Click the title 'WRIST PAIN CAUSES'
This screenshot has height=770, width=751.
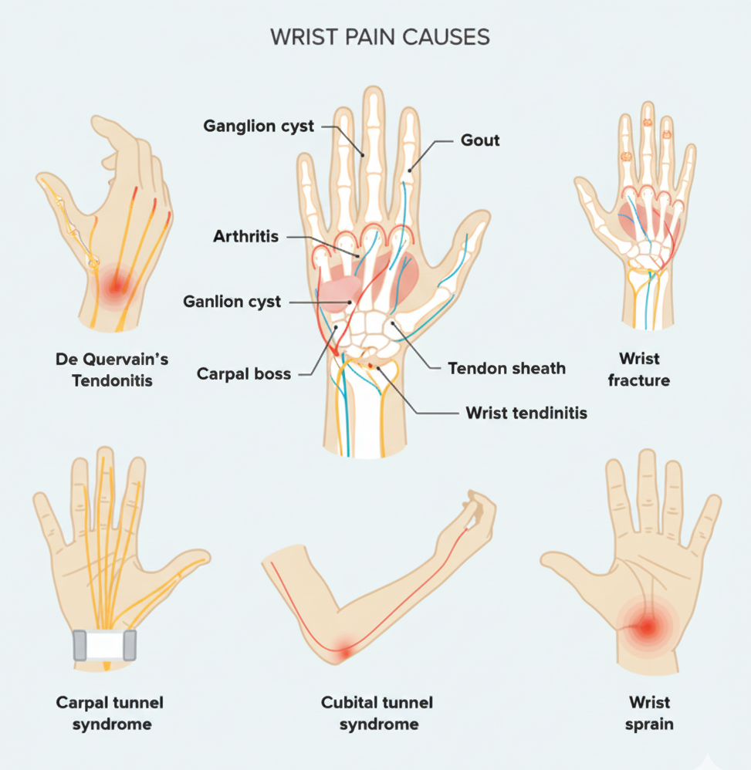pyautogui.click(x=380, y=37)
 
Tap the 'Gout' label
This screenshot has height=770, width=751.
pyautogui.click(x=480, y=140)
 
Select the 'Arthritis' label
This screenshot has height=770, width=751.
pyautogui.click(x=245, y=237)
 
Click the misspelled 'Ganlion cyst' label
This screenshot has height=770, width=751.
pyautogui.click(x=232, y=302)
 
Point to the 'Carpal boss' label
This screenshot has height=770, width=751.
pyautogui.click(x=244, y=374)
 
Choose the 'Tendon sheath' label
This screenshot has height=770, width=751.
pyautogui.click(x=506, y=368)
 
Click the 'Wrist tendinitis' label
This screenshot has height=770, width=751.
pyautogui.click(x=526, y=413)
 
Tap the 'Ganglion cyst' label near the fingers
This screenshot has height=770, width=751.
pyautogui.click(x=259, y=125)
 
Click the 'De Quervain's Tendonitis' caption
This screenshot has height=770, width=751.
pyautogui.click(x=112, y=370)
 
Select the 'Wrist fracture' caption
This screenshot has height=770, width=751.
pyautogui.click(x=639, y=369)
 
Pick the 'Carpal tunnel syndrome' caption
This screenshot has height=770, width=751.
pyautogui.click(x=110, y=713)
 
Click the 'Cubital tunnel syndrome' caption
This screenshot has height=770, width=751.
pyautogui.click(x=377, y=713)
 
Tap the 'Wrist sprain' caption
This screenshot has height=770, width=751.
pyautogui.click(x=650, y=713)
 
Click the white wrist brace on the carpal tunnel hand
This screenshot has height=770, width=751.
pyautogui.click(x=105, y=645)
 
